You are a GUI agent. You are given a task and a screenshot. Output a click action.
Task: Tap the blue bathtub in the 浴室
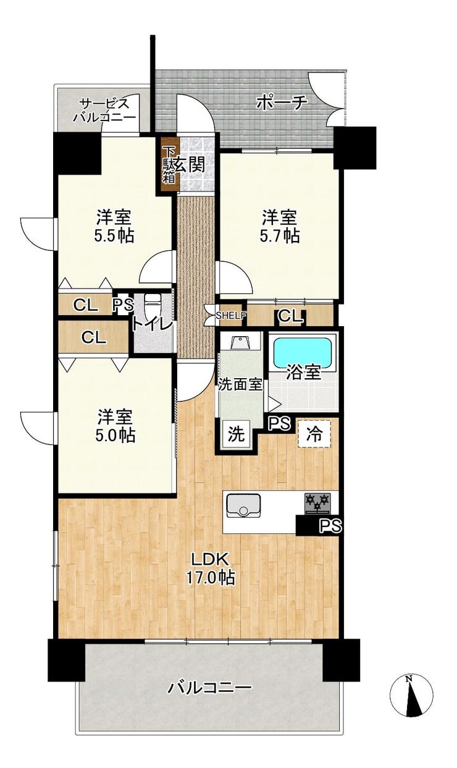tap(303, 354)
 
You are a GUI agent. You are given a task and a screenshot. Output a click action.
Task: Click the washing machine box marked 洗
tap(236, 434)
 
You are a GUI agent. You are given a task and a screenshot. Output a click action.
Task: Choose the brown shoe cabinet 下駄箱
tap(169, 165)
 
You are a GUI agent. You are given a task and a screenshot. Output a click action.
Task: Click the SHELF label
tap(231, 315)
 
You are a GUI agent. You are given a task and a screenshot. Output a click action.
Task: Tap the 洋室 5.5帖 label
tap(114, 226)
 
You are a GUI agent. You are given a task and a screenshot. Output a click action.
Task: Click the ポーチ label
tap(282, 102)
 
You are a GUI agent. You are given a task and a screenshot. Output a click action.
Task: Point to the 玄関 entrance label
tap(190, 165)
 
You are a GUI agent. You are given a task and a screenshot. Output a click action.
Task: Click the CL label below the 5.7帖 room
tap(290, 316)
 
